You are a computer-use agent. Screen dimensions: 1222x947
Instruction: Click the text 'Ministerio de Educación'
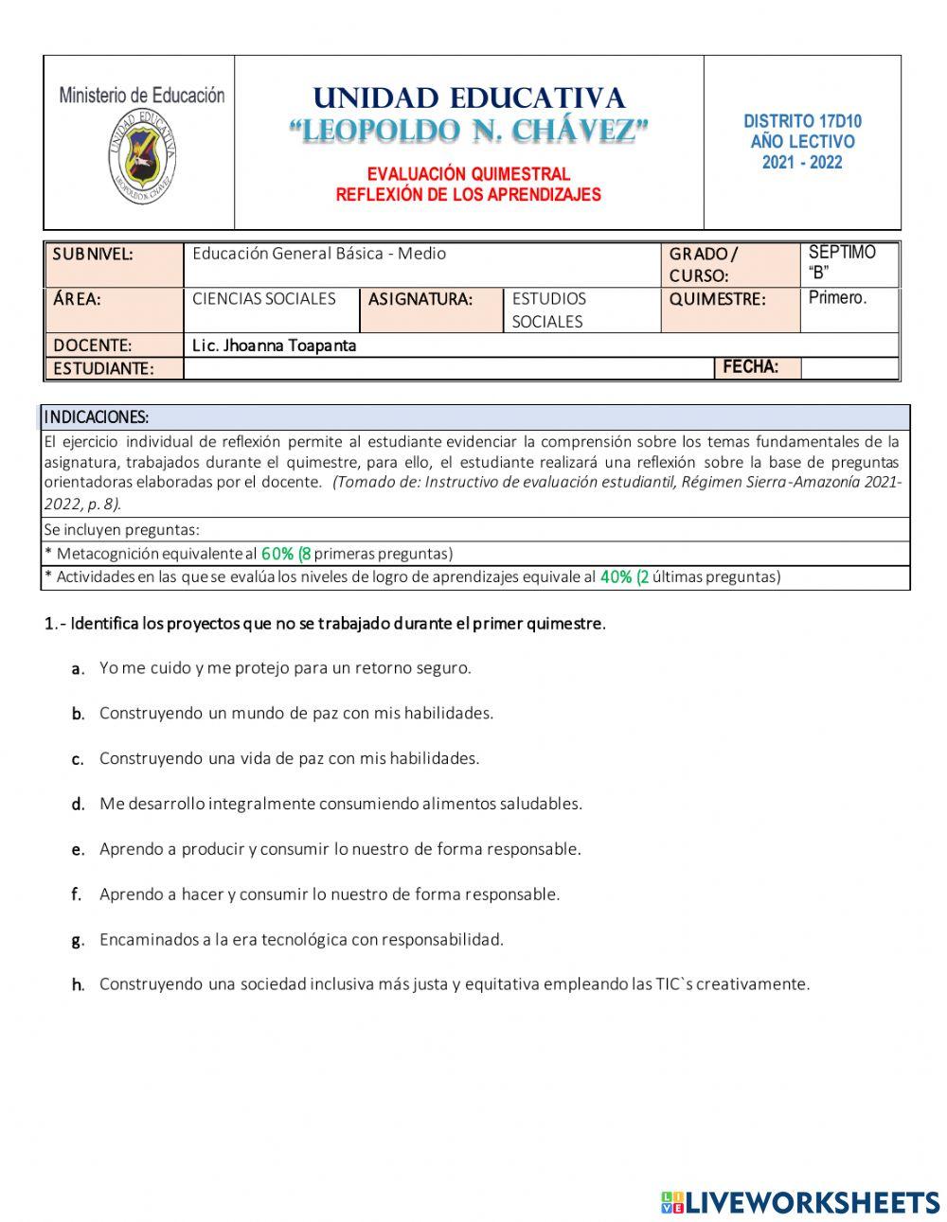(x=141, y=95)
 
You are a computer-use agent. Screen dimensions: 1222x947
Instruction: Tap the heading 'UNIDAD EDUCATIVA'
(x=469, y=98)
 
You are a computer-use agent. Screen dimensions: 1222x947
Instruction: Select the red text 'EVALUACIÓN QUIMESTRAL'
(x=469, y=174)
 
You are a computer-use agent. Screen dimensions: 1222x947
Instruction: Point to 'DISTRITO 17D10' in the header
(x=802, y=121)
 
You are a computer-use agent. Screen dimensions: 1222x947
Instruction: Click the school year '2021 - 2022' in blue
(x=802, y=162)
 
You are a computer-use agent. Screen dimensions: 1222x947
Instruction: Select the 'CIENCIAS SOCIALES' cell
(x=264, y=299)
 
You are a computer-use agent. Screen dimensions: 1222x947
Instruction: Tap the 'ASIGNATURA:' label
(x=420, y=300)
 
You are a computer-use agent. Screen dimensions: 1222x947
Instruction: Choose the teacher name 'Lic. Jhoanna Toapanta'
(x=274, y=345)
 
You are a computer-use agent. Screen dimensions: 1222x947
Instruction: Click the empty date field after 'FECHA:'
(x=849, y=368)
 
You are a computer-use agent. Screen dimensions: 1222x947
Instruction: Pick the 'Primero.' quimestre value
(x=837, y=298)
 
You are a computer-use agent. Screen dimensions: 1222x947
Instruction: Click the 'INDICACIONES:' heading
(x=97, y=417)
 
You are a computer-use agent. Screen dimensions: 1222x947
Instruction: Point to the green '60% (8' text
(x=286, y=554)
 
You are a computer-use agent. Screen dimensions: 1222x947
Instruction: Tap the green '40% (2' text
(x=624, y=576)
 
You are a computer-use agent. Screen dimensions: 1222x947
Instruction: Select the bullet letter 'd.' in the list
(x=79, y=805)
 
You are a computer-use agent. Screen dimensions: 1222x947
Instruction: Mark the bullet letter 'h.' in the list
(x=79, y=985)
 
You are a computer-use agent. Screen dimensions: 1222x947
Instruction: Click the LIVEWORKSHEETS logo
(x=800, y=1202)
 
